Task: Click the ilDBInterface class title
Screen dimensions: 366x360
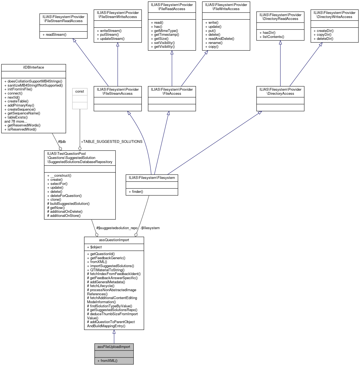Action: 34,67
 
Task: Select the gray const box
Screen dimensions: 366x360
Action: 80,98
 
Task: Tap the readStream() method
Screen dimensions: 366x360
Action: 56,35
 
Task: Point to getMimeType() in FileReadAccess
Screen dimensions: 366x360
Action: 166,31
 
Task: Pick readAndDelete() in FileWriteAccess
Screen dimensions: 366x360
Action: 221,39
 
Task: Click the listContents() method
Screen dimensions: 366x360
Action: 273,37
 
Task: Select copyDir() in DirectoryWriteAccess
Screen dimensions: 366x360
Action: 324,35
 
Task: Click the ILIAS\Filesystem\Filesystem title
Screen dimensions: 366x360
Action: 152,178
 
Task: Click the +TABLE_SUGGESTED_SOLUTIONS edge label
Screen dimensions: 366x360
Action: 112,141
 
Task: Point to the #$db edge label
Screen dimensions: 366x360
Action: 62,141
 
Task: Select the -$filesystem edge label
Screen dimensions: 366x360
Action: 150,228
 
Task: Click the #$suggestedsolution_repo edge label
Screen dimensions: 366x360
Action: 117,228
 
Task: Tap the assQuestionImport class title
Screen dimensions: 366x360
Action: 114,240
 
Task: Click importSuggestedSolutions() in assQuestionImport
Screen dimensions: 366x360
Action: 112,266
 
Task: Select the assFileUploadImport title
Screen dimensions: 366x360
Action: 114,347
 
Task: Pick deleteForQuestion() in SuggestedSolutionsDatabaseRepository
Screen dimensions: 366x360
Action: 66,196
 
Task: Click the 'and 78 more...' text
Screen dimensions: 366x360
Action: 16,121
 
